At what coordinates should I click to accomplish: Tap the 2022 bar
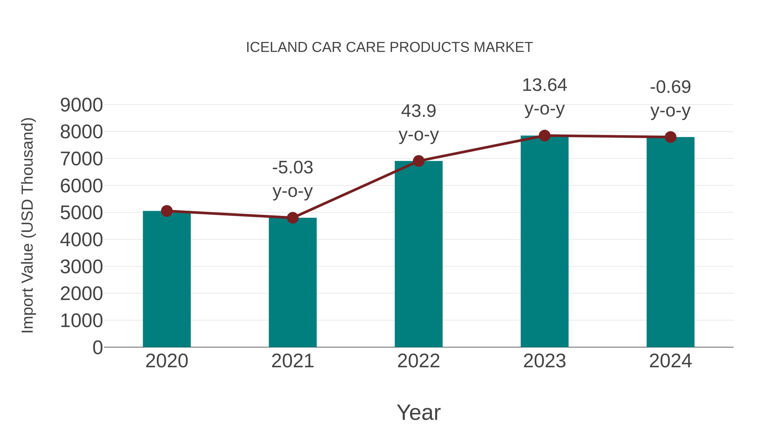(418, 254)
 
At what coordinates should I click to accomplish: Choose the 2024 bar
(670, 242)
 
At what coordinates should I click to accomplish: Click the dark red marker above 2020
(167, 211)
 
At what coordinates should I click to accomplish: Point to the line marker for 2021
(292, 218)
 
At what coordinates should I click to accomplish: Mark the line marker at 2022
(418, 161)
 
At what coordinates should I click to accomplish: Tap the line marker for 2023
(544, 136)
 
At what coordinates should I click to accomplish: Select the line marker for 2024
(670, 137)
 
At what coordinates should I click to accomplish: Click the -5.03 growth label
(292, 167)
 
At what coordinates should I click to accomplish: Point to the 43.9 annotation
(418, 111)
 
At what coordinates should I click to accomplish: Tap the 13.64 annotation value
(544, 85)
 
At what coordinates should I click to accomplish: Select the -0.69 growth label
(670, 87)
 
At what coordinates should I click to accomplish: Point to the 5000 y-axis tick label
(81, 213)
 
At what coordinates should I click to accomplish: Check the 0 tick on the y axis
(97, 347)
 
